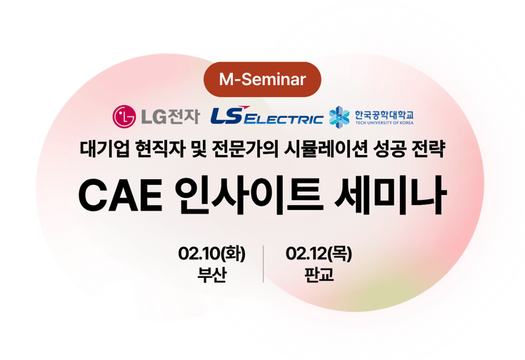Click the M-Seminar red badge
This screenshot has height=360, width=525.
(262, 79)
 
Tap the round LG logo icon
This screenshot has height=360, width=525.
(124, 116)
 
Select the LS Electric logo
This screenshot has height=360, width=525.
(266, 116)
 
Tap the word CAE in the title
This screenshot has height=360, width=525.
(119, 196)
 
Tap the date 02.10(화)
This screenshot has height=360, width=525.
(212, 253)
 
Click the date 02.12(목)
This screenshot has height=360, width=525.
(319, 253)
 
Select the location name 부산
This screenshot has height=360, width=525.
(212, 275)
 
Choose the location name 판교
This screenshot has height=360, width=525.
(319, 275)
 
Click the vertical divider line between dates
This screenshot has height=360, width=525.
(264, 264)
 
